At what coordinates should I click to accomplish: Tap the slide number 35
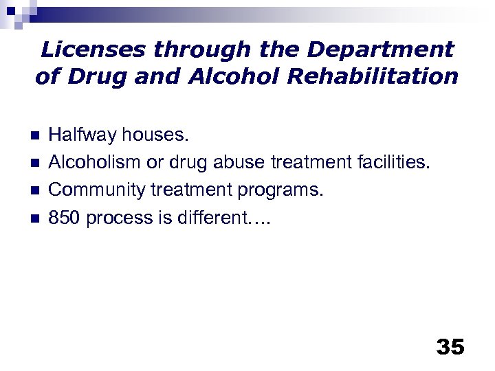coord(450,346)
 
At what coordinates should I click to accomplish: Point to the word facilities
coord(397,162)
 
